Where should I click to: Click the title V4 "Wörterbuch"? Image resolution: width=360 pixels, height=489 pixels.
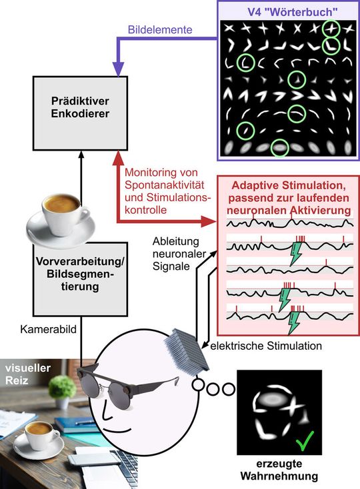pyautogui.click(x=287, y=11)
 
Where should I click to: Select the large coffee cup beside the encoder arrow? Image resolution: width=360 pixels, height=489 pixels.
pyautogui.click(x=59, y=213)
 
